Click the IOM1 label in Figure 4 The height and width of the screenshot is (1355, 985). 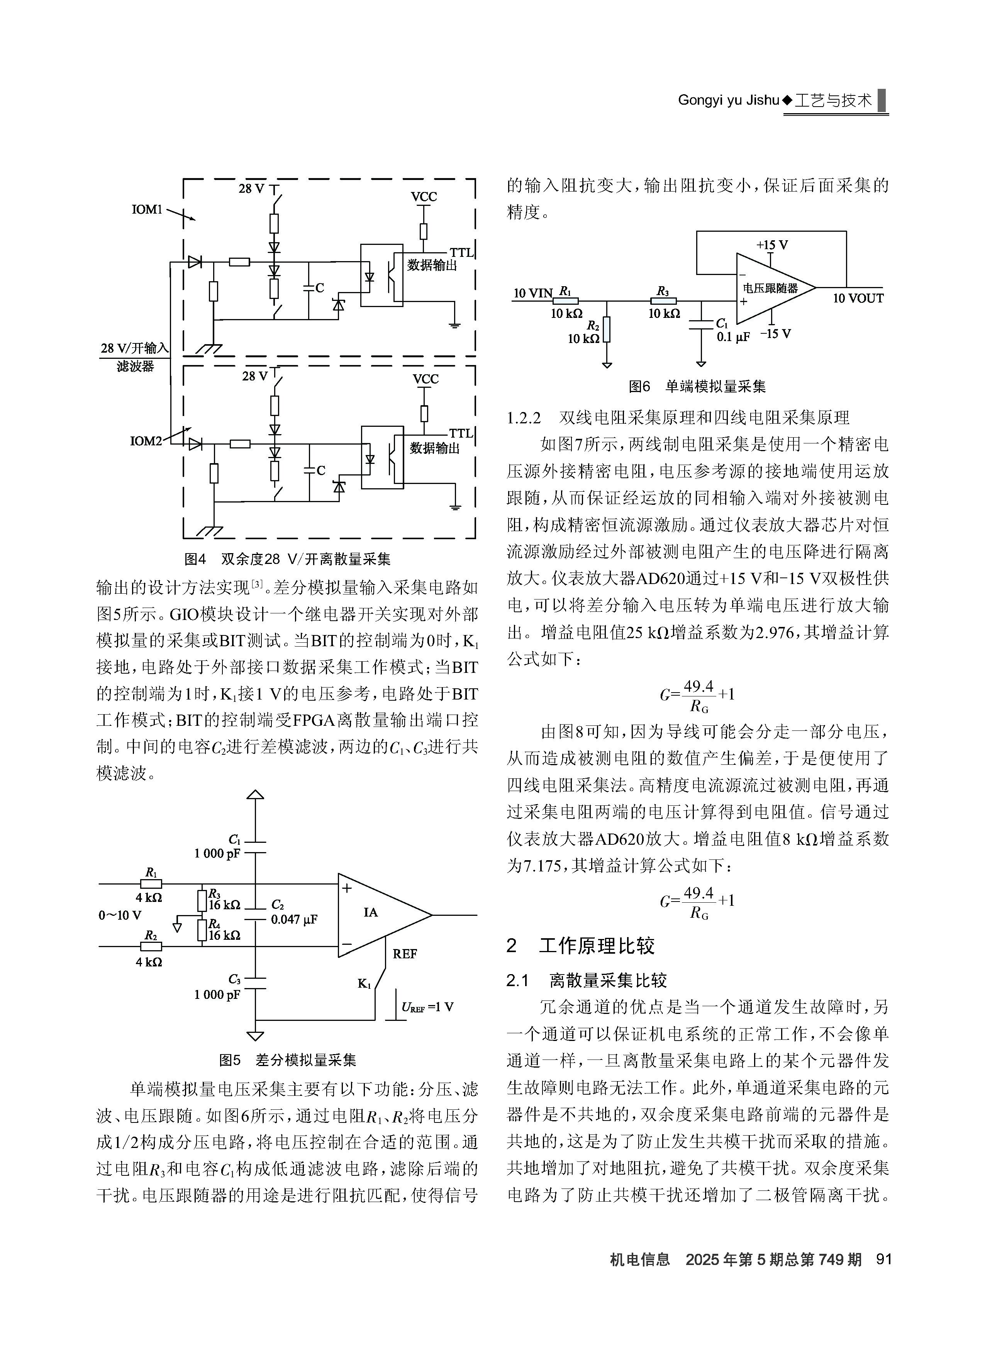click(147, 210)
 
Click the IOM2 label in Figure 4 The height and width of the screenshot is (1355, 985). click(146, 441)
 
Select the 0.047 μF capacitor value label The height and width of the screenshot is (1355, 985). click(294, 919)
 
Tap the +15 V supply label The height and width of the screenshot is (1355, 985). click(772, 245)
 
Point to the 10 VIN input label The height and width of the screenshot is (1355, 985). click(533, 293)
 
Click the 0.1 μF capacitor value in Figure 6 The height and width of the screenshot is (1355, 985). click(733, 337)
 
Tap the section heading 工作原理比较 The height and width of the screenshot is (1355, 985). click(597, 946)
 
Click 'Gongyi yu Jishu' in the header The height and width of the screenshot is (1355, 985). click(729, 100)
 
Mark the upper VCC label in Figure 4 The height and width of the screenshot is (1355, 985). click(424, 197)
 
